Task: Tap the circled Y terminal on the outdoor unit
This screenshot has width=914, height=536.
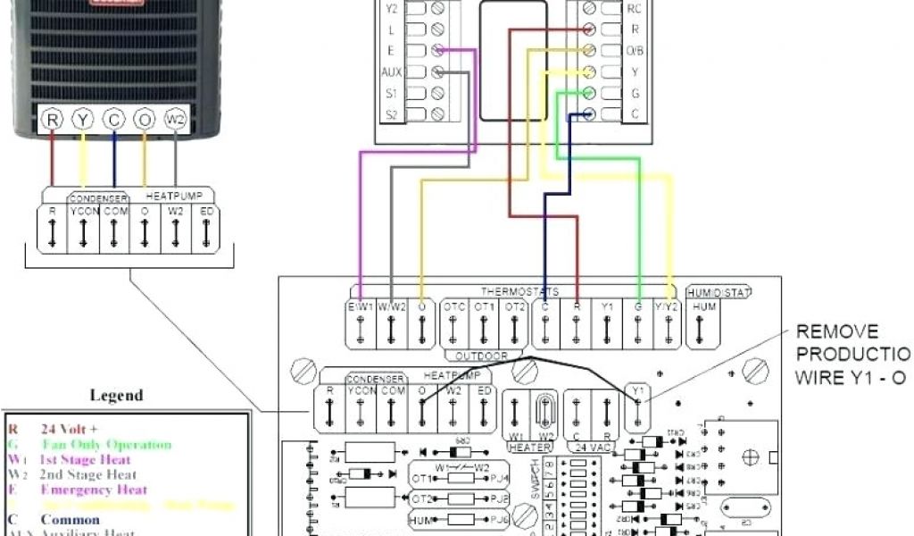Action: (82, 120)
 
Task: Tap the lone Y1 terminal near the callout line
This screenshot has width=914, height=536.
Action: (636, 403)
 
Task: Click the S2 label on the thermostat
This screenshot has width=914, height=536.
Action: (392, 114)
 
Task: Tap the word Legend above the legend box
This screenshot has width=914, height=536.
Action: (117, 395)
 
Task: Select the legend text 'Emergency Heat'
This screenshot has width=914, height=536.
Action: (94, 490)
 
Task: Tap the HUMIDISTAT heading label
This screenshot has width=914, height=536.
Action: (719, 292)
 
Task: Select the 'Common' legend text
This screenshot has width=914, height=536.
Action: (70, 520)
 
